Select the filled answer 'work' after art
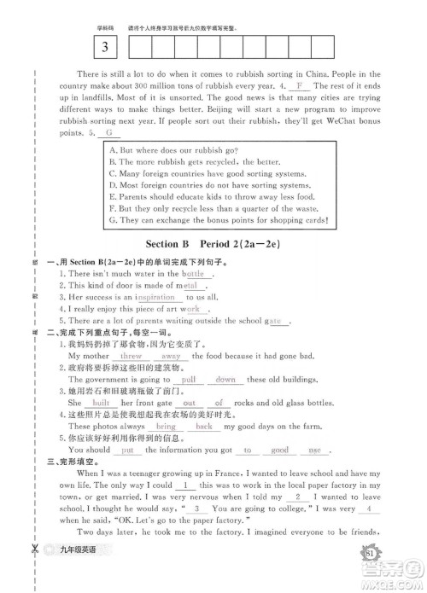pos(192,309)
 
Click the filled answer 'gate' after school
pos(273,321)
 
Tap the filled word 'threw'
pos(131,356)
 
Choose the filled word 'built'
pos(101,402)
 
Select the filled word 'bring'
pos(165,426)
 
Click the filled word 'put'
pos(126,449)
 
